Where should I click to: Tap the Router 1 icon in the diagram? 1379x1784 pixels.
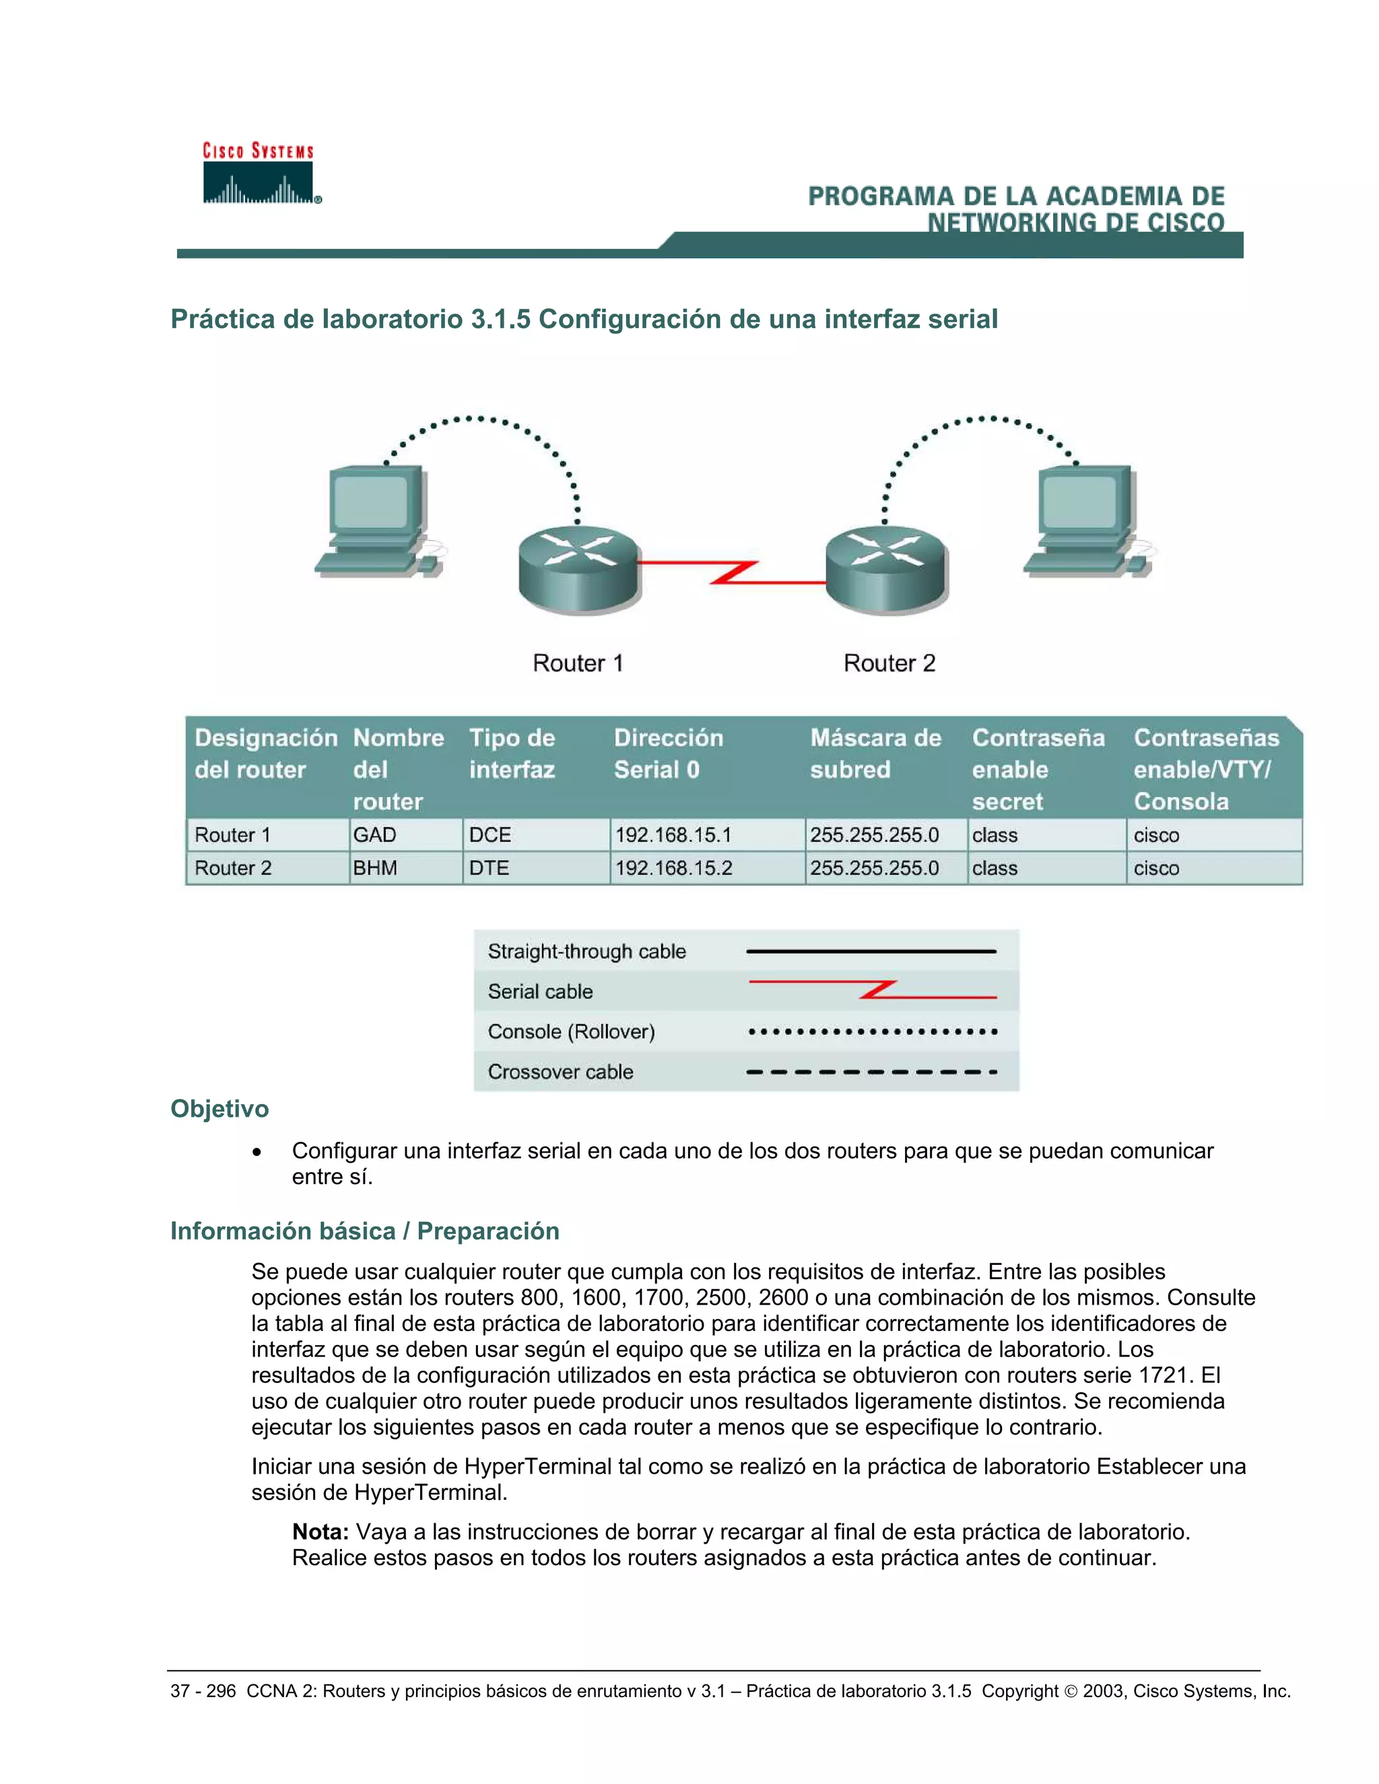coord(578,570)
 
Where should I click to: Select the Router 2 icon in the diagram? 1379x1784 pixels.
coord(885,570)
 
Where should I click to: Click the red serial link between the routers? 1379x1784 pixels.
coord(732,573)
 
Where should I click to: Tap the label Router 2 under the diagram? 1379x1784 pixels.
coord(889,663)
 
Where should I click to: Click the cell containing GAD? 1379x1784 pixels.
coord(375,835)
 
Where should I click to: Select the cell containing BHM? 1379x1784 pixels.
coord(375,868)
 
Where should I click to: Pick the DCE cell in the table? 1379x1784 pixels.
coord(490,835)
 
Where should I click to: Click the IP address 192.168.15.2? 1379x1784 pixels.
coord(674,868)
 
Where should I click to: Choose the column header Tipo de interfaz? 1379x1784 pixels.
coord(512,753)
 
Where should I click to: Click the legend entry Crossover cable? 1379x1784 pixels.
coord(560,1072)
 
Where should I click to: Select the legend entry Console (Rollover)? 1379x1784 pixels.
coord(571,1031)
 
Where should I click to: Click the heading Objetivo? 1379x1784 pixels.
coord(219,1109)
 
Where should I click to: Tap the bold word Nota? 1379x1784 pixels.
coord(321,1532)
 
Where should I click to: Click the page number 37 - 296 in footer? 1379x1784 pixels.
coord(203,1691)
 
